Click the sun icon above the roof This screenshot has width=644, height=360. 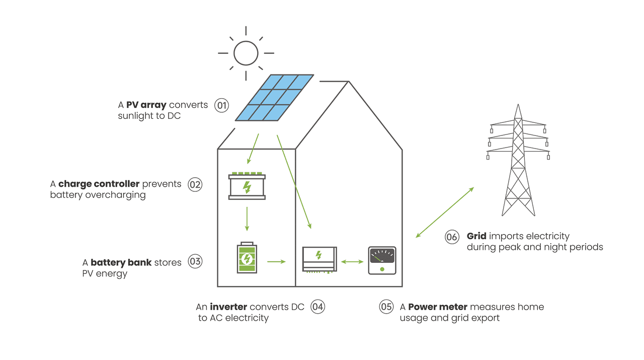tap(246, 53)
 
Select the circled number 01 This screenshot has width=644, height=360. tap(221, 105)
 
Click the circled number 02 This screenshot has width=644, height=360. tap(195, 184)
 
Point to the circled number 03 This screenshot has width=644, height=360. tap(195, 262)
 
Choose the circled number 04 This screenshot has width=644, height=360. tap(317, 307)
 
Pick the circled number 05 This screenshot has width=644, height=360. tap(386, 307)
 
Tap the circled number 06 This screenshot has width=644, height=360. tap(452, 237)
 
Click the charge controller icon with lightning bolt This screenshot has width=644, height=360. tap(247, 186)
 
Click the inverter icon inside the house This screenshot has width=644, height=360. tap(319, 259)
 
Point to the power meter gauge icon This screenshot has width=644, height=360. tap(382, 260)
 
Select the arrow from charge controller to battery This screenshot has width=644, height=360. tap(247, 219)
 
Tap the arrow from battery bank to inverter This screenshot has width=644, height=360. tap(276, 262)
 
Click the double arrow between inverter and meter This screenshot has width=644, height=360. tap(352, 262)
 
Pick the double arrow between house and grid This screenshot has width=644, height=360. tap(445, 212)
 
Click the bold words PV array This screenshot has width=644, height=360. tap(146, 105)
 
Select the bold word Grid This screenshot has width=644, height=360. tap(476, 236)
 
